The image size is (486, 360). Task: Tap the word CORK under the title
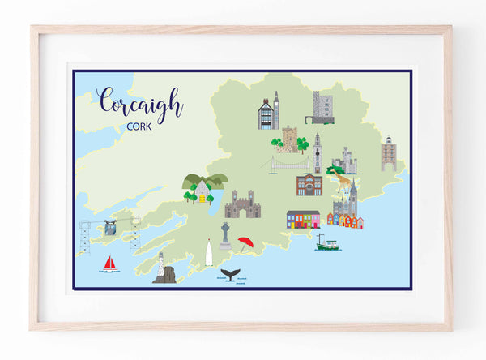[139, 126]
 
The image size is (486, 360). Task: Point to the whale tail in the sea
[231, 275]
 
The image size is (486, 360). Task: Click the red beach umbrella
[245, 242]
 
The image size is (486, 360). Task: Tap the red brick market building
[309, 185]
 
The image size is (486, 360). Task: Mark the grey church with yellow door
[201, 191]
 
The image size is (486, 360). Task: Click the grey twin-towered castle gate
[242, 205]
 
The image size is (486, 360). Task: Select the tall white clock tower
[318, 152]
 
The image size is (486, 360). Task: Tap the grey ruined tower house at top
[323, 107]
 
